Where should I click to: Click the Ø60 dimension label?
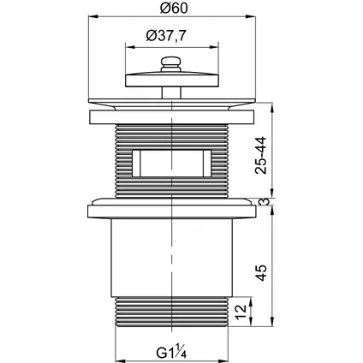(174, 8)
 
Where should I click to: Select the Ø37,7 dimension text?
(166, 36)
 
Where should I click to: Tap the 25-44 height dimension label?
(261, 155)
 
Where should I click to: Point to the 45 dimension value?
(261, 273)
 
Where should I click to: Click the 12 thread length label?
(241, 312)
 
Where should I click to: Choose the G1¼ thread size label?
(171, 352)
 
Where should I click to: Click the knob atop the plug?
(171, 64)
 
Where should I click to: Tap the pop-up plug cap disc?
(172, 80)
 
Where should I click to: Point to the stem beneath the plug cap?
(171, 92)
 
